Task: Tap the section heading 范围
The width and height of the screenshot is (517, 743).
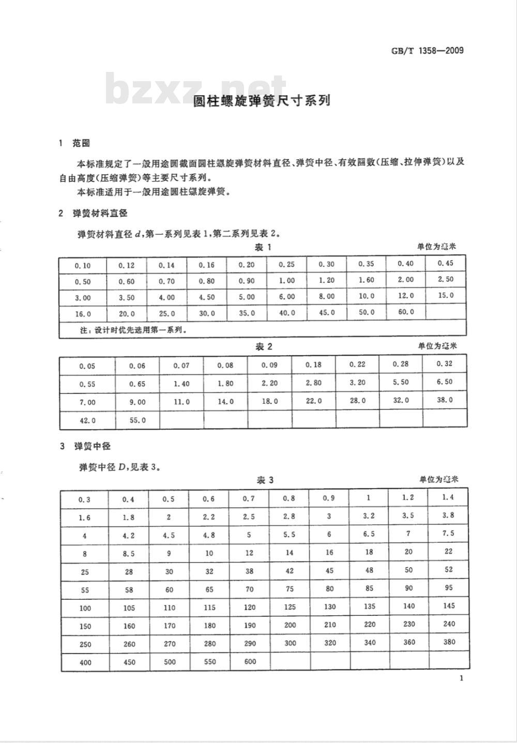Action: [81, 143]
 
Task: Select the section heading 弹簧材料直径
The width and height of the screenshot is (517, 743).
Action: [100, 213]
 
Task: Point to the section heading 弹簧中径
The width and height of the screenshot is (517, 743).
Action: [92, 446]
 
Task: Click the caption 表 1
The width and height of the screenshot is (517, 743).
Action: [263, 247]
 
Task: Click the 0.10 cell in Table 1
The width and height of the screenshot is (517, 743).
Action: [83, 265]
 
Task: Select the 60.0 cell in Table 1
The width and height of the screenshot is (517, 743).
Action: [405, 312]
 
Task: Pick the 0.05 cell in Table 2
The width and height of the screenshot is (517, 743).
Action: [87, 366]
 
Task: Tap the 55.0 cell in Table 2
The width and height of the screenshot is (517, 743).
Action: [137, 420]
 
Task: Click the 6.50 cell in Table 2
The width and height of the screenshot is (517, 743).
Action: [445, 382]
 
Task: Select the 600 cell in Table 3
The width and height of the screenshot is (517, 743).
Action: [250, 661]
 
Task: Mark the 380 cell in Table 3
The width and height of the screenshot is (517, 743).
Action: [449, 642]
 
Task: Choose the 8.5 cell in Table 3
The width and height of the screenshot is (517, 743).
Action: [129, 553]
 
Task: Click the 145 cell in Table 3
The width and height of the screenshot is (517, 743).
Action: [449, 605]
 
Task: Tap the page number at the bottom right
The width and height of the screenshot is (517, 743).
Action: [461, 678]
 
